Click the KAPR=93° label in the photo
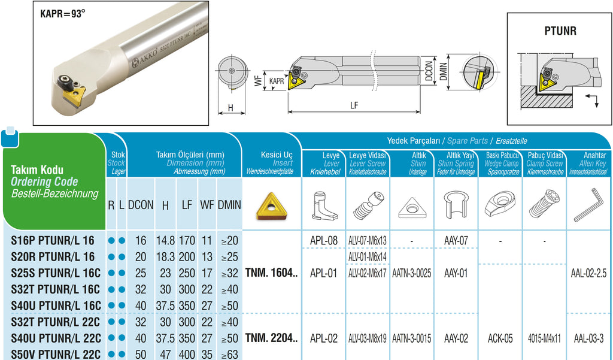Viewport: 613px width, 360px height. pos(62,14)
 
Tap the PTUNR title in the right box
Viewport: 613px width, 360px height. pos(560,31)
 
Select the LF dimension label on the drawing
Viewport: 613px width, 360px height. pos(354,105)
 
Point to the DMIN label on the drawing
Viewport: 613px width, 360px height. pos(444,72)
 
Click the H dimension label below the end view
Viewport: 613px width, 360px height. pos(230,108)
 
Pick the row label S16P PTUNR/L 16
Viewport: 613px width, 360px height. pos(53,240)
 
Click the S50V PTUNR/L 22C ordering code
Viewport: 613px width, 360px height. pos(56,354)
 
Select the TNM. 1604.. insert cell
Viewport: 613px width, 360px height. pos(271,273)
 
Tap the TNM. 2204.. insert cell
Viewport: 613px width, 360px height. pos(271,338)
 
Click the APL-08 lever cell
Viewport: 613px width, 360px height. pos(324,240)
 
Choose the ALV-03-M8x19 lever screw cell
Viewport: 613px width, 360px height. pos(367,338)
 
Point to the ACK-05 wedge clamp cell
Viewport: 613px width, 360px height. pos(500,338)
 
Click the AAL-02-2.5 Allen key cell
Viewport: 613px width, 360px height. pos(588,273)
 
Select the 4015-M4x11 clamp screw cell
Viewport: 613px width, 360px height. pos(544,338)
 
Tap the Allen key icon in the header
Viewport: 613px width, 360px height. pos(588,204)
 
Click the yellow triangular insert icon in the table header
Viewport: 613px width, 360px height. pos(271,205)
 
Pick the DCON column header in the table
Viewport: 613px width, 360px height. pos(141,205)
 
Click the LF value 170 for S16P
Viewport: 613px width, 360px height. pos(187,240)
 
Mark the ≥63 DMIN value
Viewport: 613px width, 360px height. pos(229,355)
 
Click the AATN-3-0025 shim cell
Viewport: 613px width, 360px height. pos(412,273)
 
